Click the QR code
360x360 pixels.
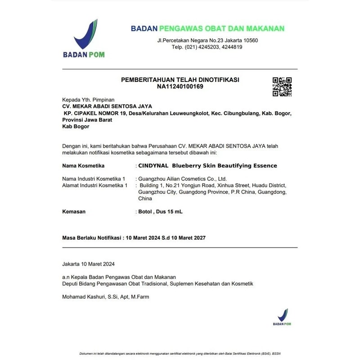tap(282, 87)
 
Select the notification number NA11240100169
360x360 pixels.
tap(180, 86)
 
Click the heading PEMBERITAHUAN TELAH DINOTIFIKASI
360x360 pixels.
tap(180, 80)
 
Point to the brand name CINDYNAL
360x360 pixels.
tap(153, 166)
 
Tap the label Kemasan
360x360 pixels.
tap(73, 211)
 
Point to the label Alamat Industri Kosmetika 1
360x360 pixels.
tap(94, 185)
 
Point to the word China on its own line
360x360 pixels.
tap(145, 198)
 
